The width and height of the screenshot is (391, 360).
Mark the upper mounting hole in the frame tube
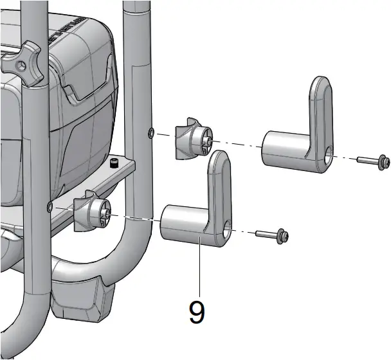[x=150, y=132]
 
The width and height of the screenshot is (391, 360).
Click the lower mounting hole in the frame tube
[x=50, y=206]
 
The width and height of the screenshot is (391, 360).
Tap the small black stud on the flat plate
[x=114, y=161]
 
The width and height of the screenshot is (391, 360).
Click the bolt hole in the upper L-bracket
[x=329, y=152]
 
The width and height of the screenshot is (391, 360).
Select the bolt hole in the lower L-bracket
[x=230, y=227]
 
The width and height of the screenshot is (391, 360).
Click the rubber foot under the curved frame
[x=80, y=298]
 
